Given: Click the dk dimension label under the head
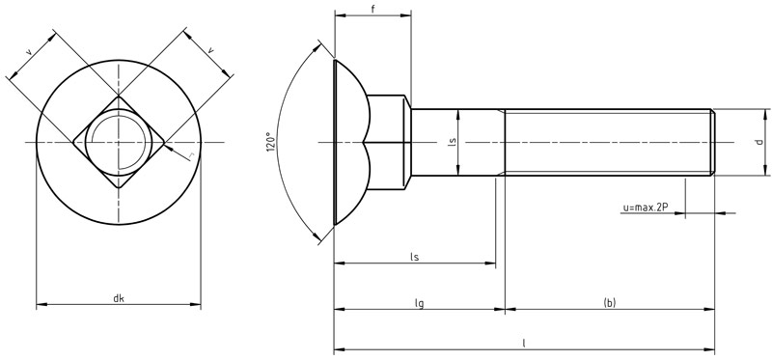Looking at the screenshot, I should pos(118,298).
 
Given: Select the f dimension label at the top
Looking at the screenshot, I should pos(372,10).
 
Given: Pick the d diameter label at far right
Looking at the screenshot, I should pos(759,143).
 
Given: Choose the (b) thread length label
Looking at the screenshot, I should pos(609,303).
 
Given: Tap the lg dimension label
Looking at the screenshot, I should pos(420,303).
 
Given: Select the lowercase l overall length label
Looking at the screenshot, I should pos(524,342).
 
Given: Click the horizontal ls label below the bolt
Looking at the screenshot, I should pos(415,257).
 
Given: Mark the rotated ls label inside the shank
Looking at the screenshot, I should pos(452,143).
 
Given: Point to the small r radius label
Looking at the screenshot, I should pos(192,154).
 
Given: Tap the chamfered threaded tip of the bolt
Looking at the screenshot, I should pos(712,143).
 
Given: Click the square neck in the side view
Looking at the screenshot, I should pos(388,143).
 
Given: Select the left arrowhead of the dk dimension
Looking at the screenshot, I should pos(41,306).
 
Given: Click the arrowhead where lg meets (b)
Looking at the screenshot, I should pos(504,310).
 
